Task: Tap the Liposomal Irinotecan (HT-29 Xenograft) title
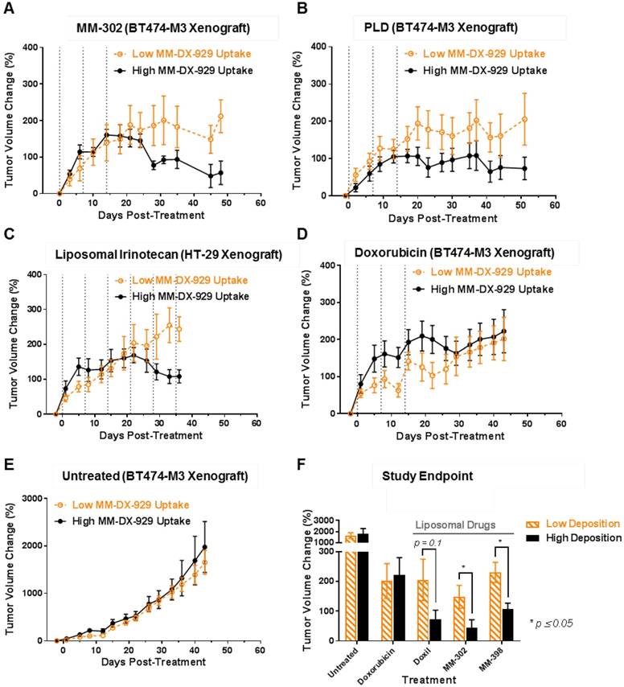coord(162,255)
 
